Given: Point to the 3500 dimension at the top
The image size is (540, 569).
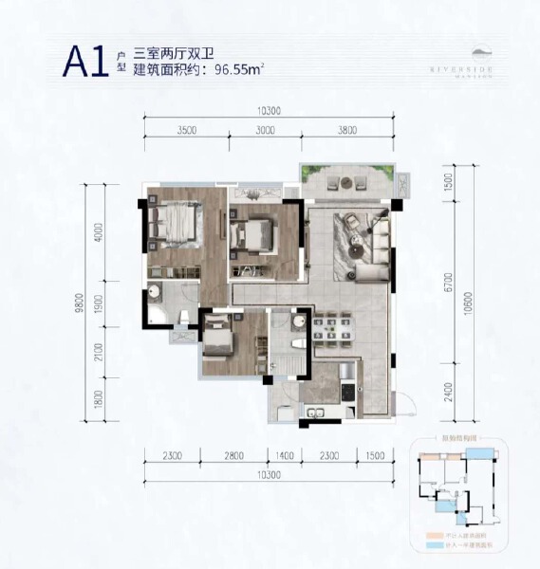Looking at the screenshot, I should pyautogui.click(x=186, y=131).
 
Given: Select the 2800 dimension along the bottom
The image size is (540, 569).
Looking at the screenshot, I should pyautogui.click(x=235, y=456).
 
